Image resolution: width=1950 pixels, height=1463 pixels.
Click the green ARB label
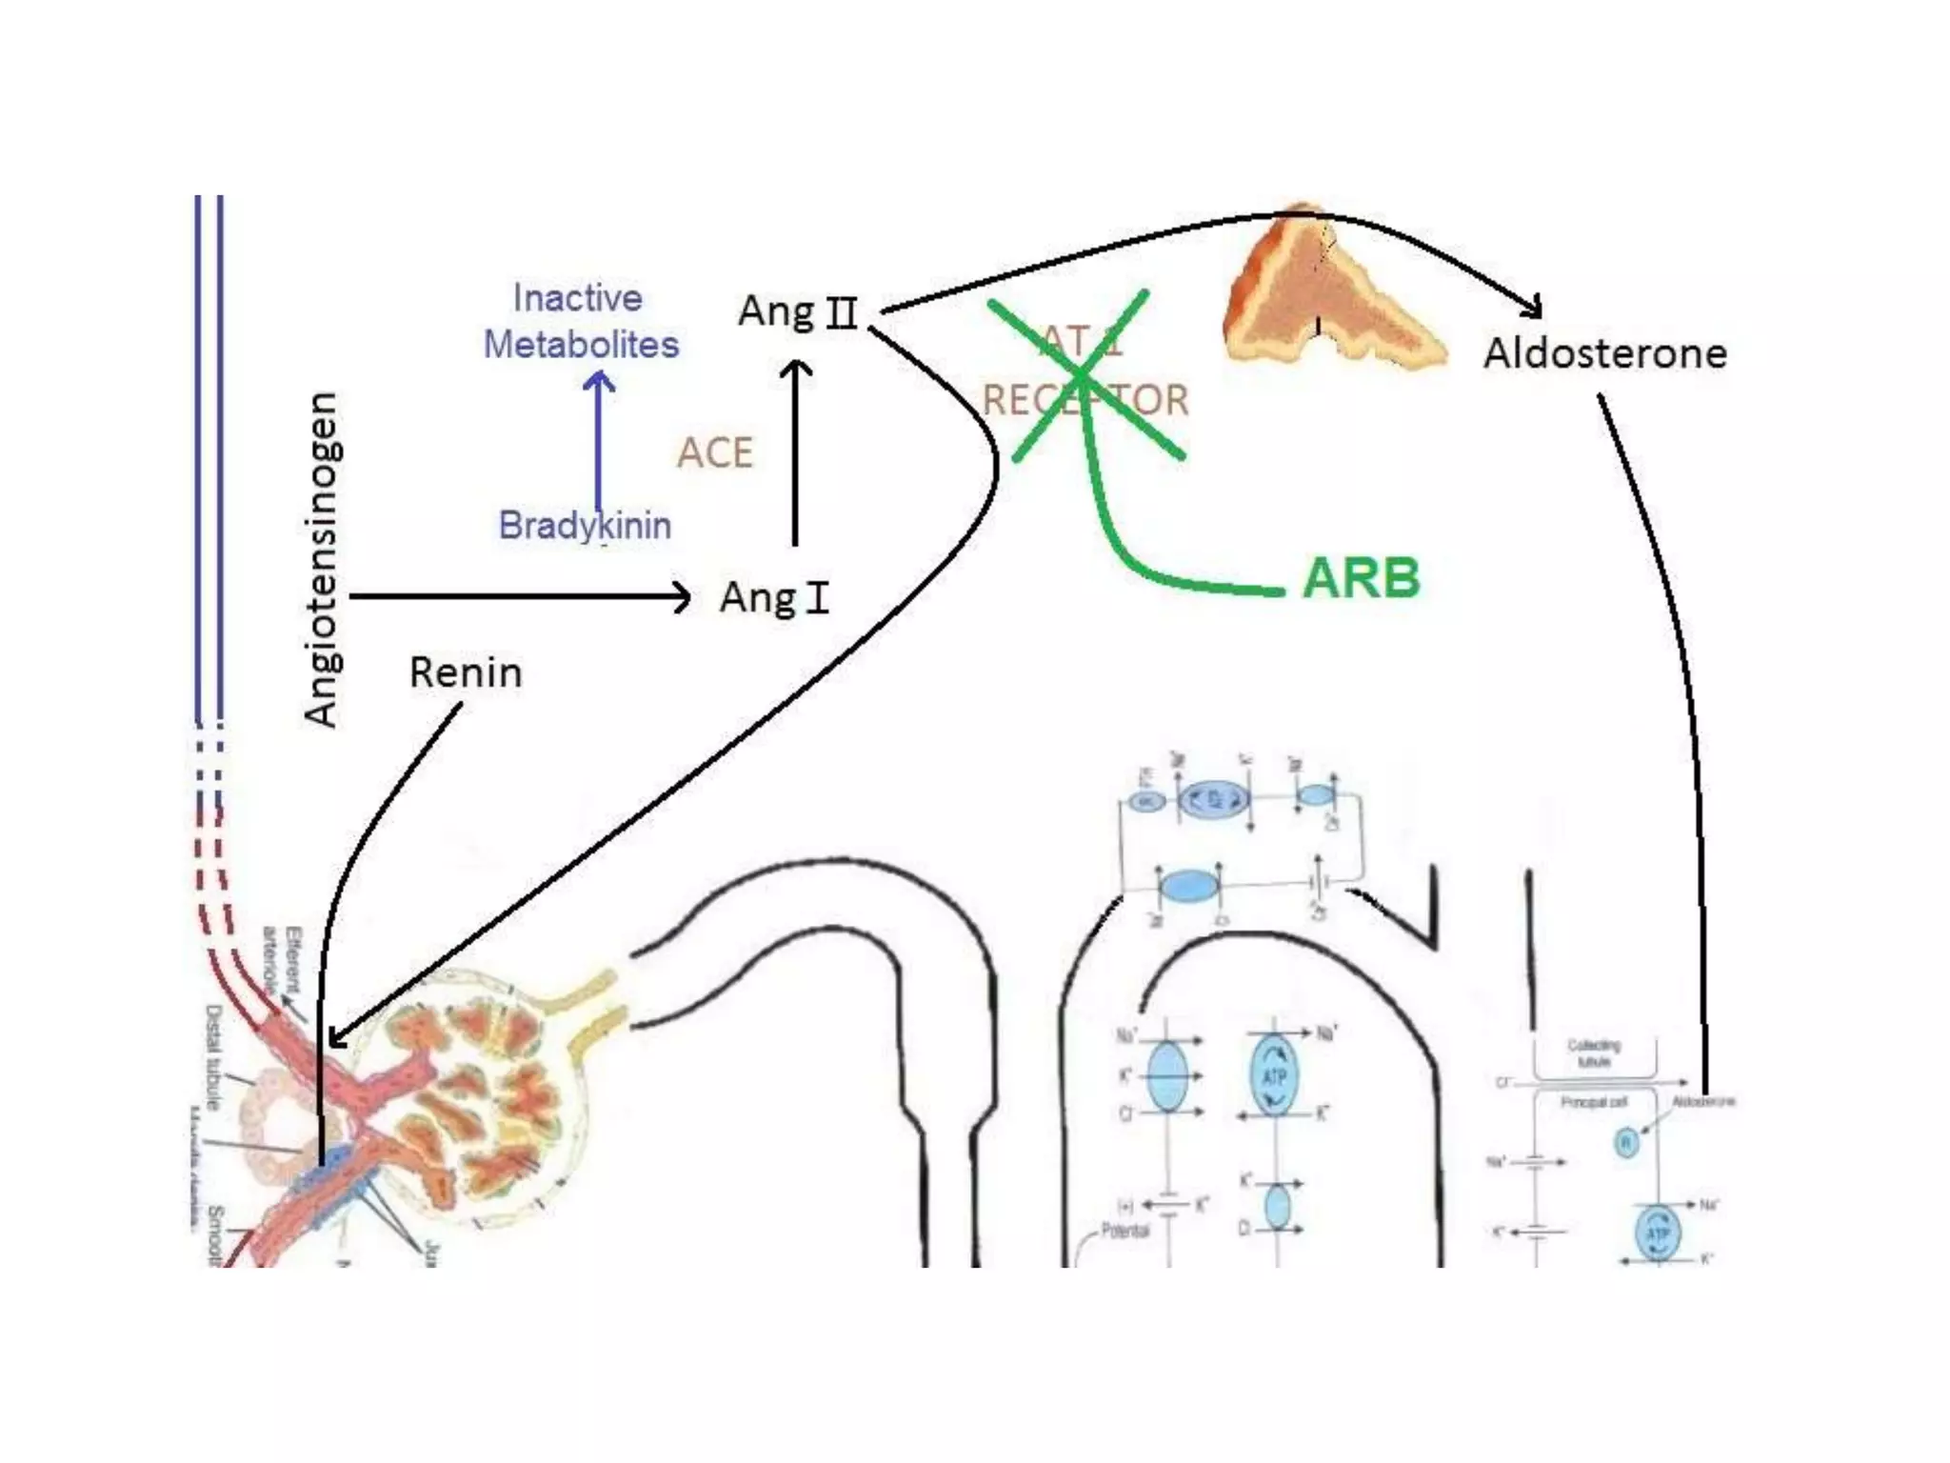(x=1361, y=577)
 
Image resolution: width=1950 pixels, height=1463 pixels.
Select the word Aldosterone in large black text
(x=1605, y=353)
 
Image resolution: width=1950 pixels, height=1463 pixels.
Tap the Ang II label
(x=798, y=311)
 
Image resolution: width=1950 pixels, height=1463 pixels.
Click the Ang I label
(x=774, y=598)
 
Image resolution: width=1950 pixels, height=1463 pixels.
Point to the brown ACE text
(x=715, y=452)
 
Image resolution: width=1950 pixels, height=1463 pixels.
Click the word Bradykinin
(x=585, y=526)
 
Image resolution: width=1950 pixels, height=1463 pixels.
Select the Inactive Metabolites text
(x=581, y=321)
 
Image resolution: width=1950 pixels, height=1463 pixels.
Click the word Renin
(x=466, y=672)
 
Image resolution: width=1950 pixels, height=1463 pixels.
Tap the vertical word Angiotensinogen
(x=321, y=559)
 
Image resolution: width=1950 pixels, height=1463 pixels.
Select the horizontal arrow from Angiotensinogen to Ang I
(x=519, y=597)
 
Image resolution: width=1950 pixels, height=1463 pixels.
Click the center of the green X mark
(x=1083, y=377)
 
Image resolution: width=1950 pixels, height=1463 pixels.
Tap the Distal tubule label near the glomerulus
(x=214, y=1057)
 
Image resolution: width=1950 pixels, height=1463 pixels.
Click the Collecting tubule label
(x=1594, y=1052)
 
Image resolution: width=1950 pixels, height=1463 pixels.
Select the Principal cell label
(x=1594, y=1102)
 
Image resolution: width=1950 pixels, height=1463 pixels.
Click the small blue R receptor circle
(x=1626, y=1142)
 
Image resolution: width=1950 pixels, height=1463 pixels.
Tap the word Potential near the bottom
(x=1124, y=1232)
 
